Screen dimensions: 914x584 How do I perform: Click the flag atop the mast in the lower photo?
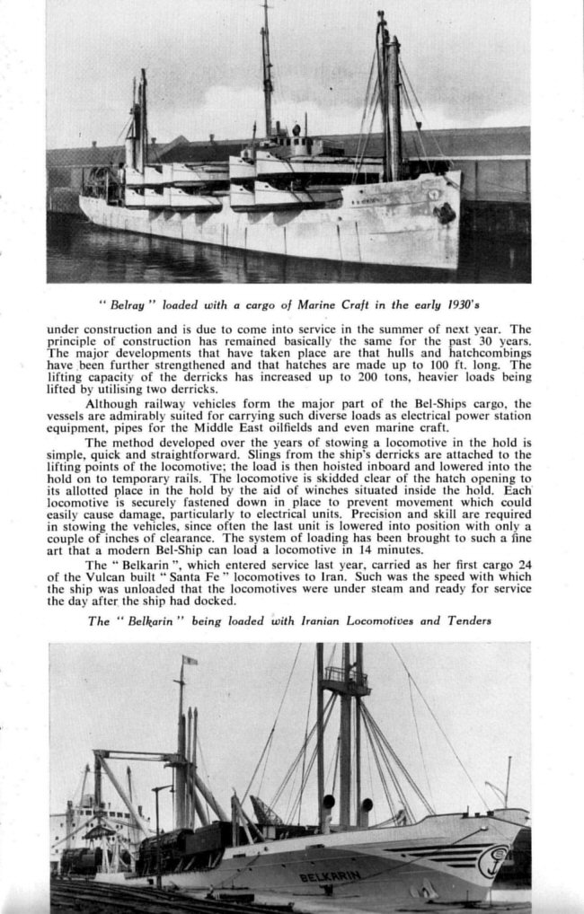tap(189, 660)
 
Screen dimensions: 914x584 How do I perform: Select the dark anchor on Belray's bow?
tap(443, 214)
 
